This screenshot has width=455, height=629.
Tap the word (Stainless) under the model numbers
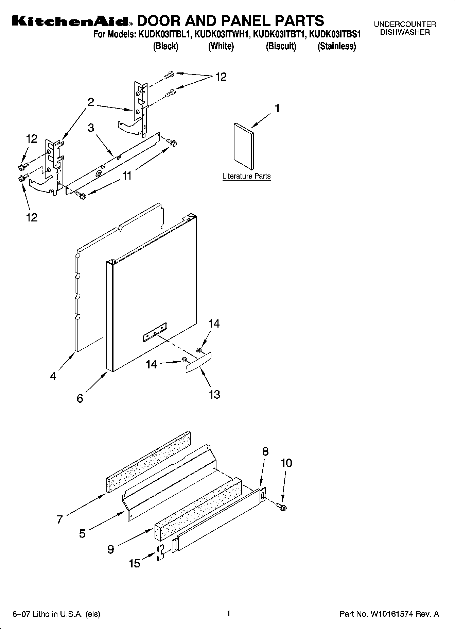pyautogui.click(x=336, y=46)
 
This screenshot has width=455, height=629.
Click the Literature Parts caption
pyautogui.click(x=246, y=176)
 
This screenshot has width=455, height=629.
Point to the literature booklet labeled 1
pyautogui.click(x=244, y=147)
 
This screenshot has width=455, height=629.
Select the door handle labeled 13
pyautogui.click(x=198, y=362)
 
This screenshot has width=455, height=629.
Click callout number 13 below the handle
pyautogui.click(x=214, y=394)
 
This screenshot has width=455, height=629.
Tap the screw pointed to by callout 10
pyautogui.click(x=282, y=507)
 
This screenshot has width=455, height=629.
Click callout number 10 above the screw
pyautogui.click(x=286, y=463)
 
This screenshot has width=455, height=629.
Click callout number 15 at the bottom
pyautogui.click(x=135, y=564)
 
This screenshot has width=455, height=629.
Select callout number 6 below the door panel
pyautogui.click(x=80, y=398)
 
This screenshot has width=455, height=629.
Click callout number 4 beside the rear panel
pyautogui.click(x=53, y=377)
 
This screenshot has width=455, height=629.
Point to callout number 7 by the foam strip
pyautogui.click(x=59, y=519)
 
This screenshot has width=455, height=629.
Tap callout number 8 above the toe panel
pyautogui.click(x=265, y=451)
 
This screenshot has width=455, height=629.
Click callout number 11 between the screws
pyautogui.click(x=127, y=176)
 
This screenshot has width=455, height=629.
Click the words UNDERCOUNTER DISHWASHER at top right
pyautogui.click(x=405, y=28)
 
